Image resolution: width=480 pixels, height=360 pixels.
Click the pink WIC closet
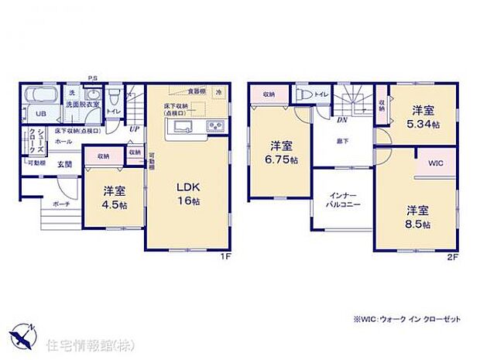(434, 165)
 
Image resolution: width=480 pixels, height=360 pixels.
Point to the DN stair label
(341, 118)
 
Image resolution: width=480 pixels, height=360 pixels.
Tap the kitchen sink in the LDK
(183, 127)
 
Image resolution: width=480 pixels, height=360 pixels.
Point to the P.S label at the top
(92, 77)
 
